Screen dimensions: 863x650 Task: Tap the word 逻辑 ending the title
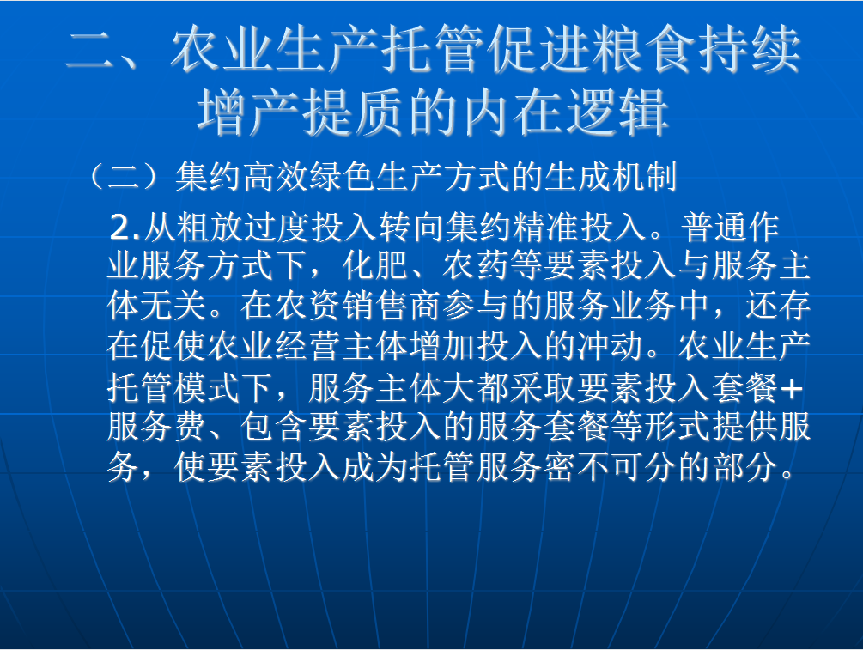pyautogui.click(x=617, y=112)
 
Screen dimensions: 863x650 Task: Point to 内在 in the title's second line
pyautogui.click(x=513, y=112)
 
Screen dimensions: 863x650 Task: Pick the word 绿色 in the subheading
pyautogui.click(x=342, y=176)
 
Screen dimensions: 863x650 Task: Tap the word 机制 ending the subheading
pyautogui.click(x=643, y=176)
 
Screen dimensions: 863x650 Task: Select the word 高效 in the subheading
pyautogui.click(x=275, y=176)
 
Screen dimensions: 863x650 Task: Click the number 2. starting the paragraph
pyautogui.click(x=125, y=228)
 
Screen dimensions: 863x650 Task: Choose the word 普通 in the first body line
pyautogui.click(x=714, y=228)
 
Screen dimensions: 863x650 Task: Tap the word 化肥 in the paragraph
pyautogui.click(x=375, y=266)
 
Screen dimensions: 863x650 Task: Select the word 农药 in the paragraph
pyautogui.click(x=477, y=266)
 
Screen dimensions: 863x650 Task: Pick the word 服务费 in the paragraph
pyautogui.click(x=157, y=427)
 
